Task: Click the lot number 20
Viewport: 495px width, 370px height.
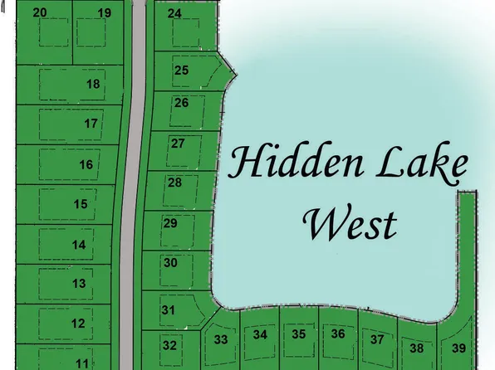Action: [x=40, y=12]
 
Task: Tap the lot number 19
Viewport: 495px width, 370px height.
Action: [x=104, y=12]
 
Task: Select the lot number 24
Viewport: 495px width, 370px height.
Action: [x=174, y=14]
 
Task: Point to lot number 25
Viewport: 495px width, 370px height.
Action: [x=181, y=71]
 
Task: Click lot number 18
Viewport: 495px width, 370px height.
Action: [x=93, y=84]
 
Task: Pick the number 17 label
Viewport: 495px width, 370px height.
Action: [x=91, y=124]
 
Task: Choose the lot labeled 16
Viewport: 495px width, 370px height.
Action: [x=86, y=164]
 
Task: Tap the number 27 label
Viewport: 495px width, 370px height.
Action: [x=178, y=143]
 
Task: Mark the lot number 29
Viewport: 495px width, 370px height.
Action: [x=170, y=223]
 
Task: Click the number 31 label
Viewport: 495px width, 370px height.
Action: [x=169, y=310]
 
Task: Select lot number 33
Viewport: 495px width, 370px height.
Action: [x=221, y=339]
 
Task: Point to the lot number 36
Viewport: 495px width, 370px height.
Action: [x=337, y=334]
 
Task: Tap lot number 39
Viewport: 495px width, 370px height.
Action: [x=459, y=348]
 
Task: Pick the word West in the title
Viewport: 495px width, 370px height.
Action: [x=349, y=222]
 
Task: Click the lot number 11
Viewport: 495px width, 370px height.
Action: [x=81, y=363]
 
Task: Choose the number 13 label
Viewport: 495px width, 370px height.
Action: [x=79, y=284]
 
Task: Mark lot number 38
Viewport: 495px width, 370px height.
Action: [x=417, y=349]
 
